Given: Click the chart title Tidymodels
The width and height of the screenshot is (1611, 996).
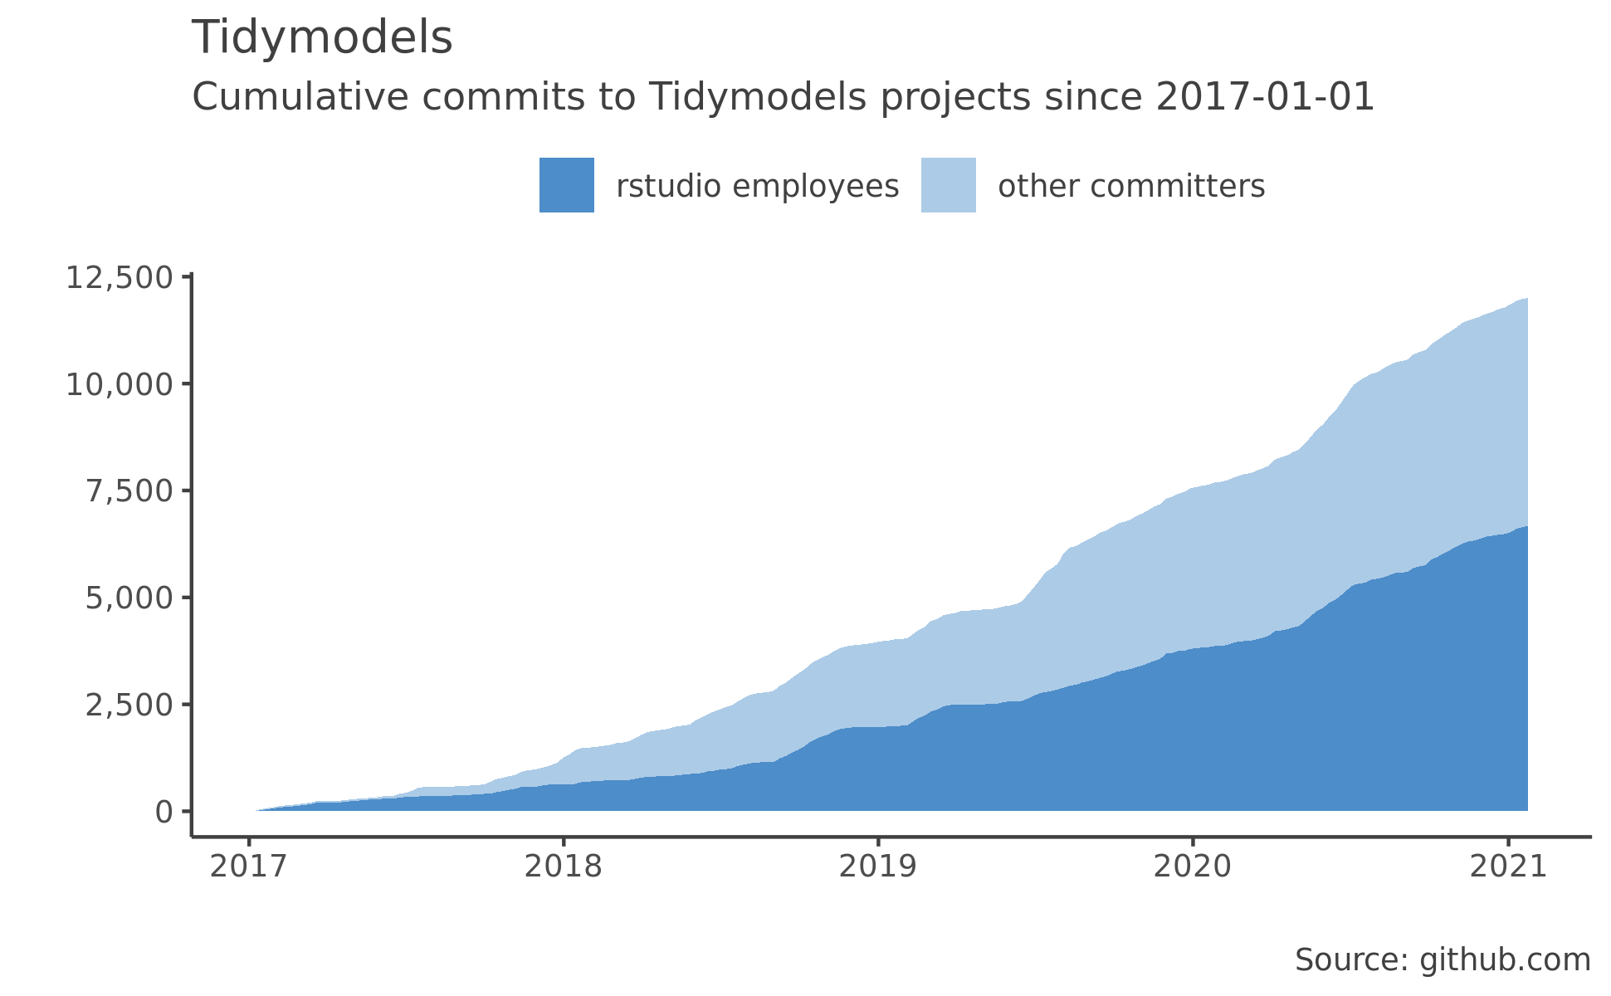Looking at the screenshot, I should pos(322,38).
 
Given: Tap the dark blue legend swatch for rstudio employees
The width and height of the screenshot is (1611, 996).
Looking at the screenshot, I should pos(567,185).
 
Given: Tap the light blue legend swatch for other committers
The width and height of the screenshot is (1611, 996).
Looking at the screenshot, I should pos(948,185).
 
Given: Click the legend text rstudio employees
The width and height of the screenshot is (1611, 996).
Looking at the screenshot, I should pos(757,187).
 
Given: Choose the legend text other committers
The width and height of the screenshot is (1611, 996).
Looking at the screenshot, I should pos(1131,187).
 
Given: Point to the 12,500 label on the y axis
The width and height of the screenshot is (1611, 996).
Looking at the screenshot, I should pos(119,277).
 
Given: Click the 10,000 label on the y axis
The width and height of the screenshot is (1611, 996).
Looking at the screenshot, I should pos(119,384).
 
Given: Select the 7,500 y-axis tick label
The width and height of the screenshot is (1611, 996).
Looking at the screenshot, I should pos(129,491).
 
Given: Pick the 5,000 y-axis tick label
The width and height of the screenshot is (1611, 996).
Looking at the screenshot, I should pos(129,598).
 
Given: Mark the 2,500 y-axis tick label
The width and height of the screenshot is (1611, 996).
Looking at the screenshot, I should pos(129,705).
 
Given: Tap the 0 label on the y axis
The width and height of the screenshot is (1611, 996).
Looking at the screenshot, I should pos(164,812).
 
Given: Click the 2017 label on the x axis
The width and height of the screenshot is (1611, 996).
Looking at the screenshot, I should pos(248,867).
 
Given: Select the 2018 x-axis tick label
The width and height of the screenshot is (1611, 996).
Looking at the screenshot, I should pos(563,867).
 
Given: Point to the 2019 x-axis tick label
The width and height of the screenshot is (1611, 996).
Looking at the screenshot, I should pos(877,867).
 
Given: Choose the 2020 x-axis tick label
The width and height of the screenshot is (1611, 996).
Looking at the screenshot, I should pos(1193,867).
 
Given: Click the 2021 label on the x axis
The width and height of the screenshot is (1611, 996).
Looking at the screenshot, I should pos(1507,867).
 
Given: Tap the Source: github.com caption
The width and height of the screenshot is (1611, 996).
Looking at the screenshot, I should pos(1443,960).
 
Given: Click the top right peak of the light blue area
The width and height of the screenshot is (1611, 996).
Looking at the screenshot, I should pos(1526,300).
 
